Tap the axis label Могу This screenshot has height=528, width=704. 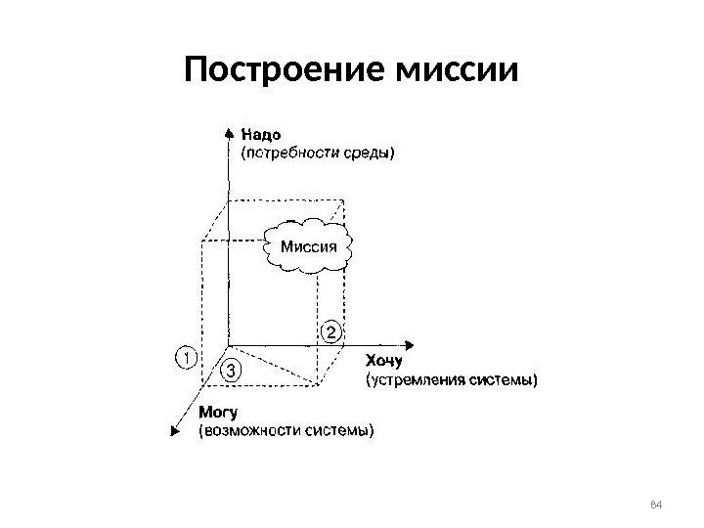point(220,412)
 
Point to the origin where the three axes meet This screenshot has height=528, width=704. point(229,344)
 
